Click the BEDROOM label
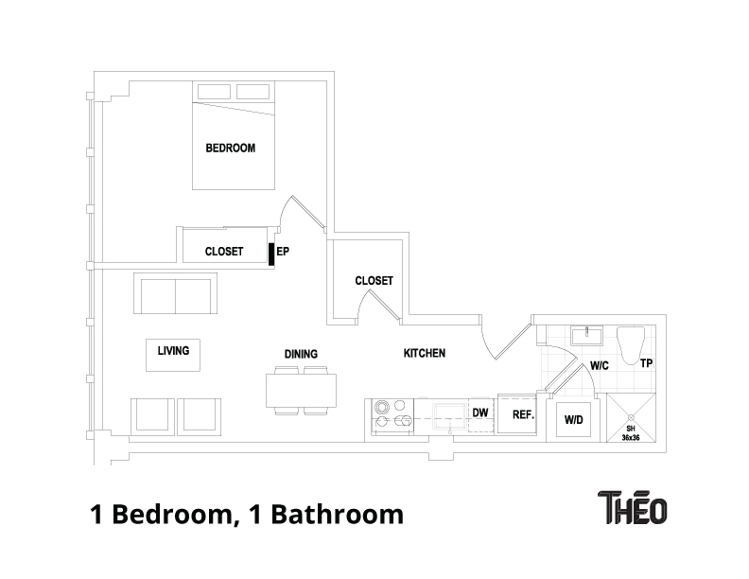tap(230, 149)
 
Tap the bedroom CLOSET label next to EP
tap(224, 252)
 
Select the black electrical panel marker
tap(271, 254)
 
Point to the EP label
tap(283, 251)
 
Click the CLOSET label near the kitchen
tap(374, 280)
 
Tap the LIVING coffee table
tap(173, 355)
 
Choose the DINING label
tap(301, 354)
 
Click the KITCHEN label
tap(425, 353)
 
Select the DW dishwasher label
tap(480, 412)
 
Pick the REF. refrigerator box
tap(517, 414)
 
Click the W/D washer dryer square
tap(574, 419)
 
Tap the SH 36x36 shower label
tap(631, 432)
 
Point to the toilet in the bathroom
tap(631, 345)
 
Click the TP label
tap(646, 363)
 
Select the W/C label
tap(600, 366)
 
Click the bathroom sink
tap(586, 335)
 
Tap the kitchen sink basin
tap(449, 418)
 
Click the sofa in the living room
tap(175, 293)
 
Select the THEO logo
tap(633, 507)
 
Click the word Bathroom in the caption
tap(339, 514)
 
